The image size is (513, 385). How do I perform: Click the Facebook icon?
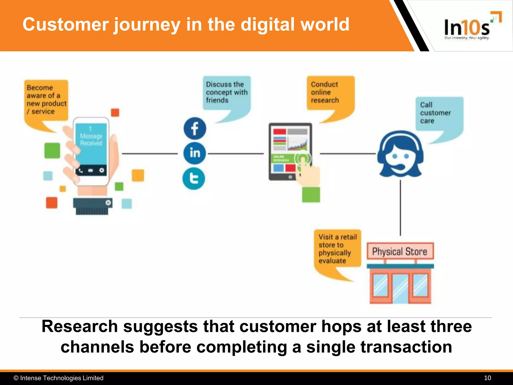pyautogui.click(x=195, y=129)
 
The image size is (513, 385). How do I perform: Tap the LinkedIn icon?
pyautogui.click(x=195, y=153)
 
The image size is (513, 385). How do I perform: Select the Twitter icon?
pyautogui.click(x=194, y=179)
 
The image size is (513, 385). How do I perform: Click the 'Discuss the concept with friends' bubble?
pyautogui.click(x=226, y=92)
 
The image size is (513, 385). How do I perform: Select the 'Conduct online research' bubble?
pyautogui.click(x=330, y=92)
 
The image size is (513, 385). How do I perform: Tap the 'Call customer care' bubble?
pyautogui.click(x=439, y=113)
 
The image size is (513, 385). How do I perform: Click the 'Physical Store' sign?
pyautogui.click(x=400, y=251)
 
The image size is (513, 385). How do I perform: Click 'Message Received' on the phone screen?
pyautogui.click(x=91, y=140)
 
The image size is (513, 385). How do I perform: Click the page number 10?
pyautogui.click(x=487, y=378)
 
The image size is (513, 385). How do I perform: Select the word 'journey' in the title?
pyautogui.click(x=147, y=25)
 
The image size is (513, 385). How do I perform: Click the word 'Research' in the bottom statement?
pyautogui.click(x=80, y=326)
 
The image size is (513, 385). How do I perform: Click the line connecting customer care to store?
pyautogui.click(x=400, y=208)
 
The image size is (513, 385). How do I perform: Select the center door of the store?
pyautogui.click(x=400, y=288)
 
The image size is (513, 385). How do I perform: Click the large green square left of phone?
pyautogui.click(x=52, y=151)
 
